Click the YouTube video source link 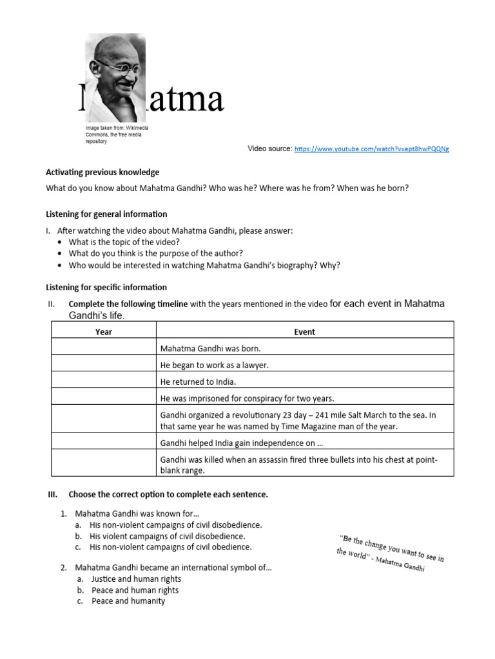371,149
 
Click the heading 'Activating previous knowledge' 102,172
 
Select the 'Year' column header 103,332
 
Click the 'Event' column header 304,332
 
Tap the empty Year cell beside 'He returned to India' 103,382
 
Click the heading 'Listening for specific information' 106,287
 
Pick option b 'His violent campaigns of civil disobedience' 167,536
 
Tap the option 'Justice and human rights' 136,579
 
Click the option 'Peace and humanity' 128,601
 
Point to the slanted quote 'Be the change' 390,553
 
